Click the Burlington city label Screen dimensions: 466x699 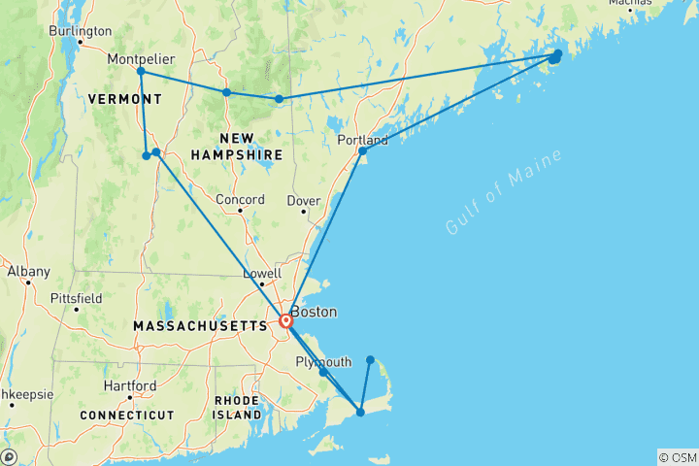pos(80,31)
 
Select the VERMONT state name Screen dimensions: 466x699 pos(124,100)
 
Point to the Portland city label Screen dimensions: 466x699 pos(362,140)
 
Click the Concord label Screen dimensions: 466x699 pos(240,200)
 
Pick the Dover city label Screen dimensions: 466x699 pos(303,201)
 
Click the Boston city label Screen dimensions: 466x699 pos(314,313)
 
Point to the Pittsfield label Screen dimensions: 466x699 pos(78,298)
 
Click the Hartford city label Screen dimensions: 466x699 pos(129,385)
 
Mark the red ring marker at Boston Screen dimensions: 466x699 pos(286,320)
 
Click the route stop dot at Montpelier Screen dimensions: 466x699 pos(141,71)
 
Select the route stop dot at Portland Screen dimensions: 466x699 pos(363,150)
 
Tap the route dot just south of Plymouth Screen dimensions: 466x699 pos(323,372)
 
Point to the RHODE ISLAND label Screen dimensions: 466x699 pos(238,408)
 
